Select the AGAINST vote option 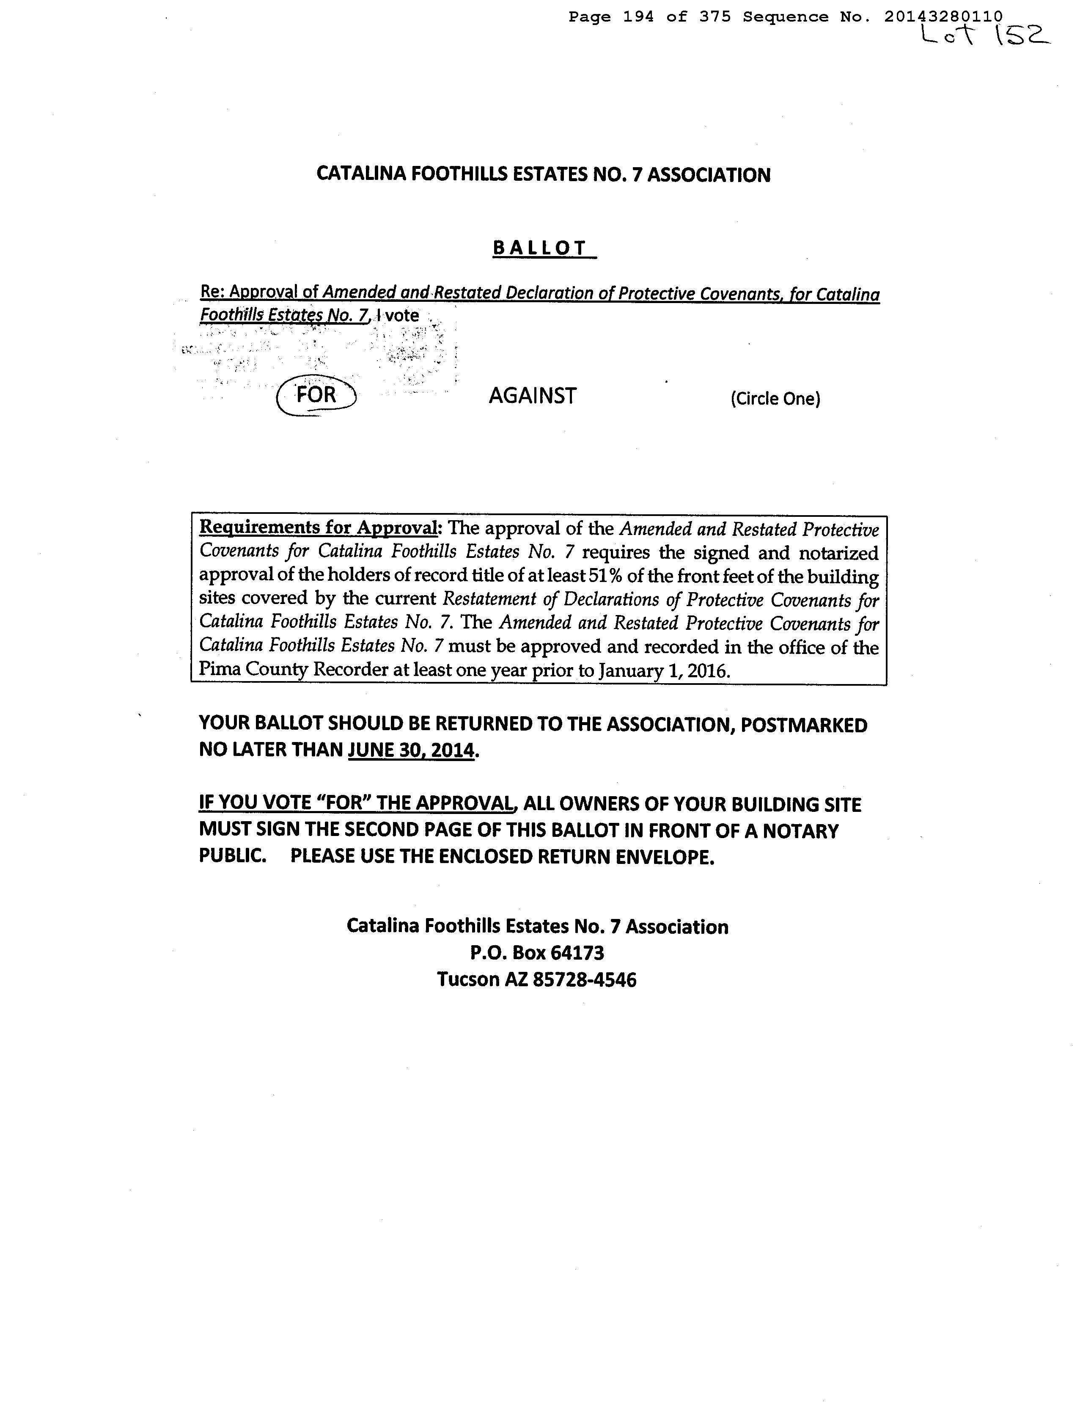point(532,395)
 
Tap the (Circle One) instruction point(775,399)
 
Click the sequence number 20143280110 point(943,17)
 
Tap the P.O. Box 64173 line point(537,952)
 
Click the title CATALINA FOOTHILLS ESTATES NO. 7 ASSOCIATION point(543,175)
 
